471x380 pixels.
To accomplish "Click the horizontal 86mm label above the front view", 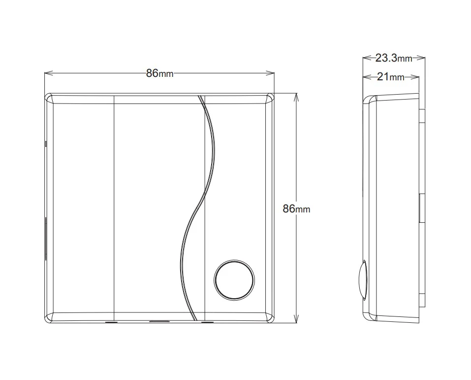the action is (159, 73).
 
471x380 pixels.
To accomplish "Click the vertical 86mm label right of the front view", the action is (296, 208).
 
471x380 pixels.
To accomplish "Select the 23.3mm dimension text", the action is (394, 58).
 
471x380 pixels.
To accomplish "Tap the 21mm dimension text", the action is (390, 77).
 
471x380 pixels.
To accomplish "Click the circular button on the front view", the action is (234, 280).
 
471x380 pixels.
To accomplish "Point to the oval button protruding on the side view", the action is (363, 280).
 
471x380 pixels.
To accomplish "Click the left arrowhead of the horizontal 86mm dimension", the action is (49, 73).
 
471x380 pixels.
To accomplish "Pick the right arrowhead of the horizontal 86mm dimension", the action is (270, 73).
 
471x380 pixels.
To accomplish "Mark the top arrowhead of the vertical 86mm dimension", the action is (296, 98).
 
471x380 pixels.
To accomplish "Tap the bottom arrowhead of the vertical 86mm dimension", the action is (296, 318).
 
